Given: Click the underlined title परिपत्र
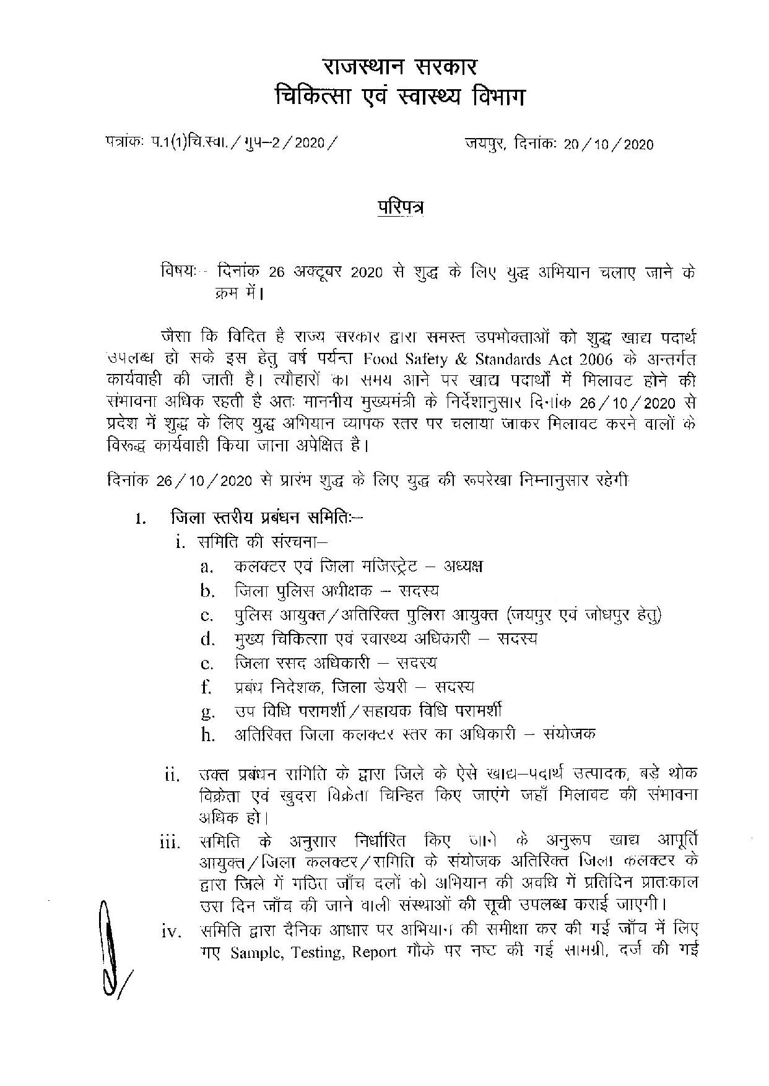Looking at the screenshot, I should coord(399,209).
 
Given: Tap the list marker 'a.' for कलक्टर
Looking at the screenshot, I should coord(207,567).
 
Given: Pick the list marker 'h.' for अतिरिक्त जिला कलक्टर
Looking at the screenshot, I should coord(207,735).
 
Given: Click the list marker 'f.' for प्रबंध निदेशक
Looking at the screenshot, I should coord(207,687).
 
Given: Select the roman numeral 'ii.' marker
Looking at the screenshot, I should coord(171,775).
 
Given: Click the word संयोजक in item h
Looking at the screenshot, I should coord(569,734).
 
